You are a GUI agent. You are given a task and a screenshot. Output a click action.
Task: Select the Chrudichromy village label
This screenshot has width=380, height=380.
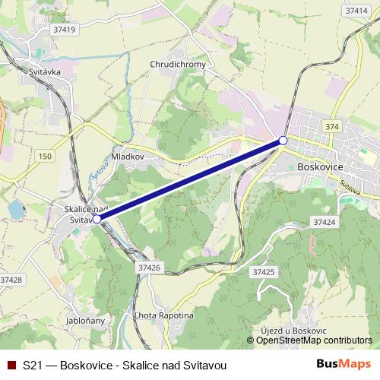pos(178,65)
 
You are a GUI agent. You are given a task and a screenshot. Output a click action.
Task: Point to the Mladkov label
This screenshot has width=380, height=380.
pos(128,155)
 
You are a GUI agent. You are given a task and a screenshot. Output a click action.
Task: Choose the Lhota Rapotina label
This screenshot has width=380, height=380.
pos(163,315)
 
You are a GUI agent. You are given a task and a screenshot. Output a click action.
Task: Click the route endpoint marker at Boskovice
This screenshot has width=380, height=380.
pos(283,140)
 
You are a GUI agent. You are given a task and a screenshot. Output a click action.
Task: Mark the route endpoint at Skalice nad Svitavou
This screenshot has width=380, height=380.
pos(97,219)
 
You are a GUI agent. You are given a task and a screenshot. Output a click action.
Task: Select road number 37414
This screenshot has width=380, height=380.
pos(355,11)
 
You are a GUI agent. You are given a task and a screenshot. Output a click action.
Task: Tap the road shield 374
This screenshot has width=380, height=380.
pos(331,126)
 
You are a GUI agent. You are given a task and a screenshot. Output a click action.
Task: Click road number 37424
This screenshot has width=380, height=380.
pos(323,223)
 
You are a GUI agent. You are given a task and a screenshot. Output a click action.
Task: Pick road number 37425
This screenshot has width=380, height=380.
pos(263,271)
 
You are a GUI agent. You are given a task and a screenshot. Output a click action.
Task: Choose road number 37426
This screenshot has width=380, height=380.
pos(149,268)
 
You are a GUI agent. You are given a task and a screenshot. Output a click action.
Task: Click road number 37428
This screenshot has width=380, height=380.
pos(11,280)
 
